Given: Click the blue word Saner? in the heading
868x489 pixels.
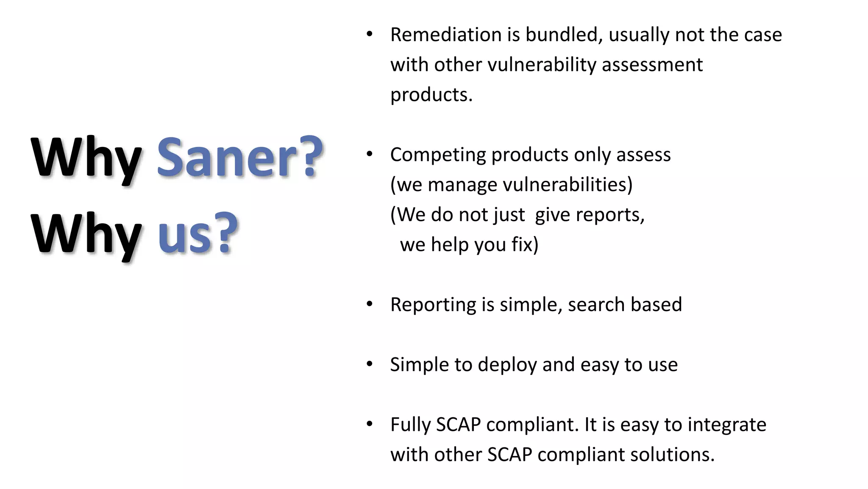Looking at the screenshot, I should pyautogui.click(x=239, y=158).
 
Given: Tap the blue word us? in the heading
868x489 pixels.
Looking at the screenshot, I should pyautogui.click(x=198, y=235).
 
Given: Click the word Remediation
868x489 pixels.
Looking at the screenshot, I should pyautogui.click(x=445, y=35).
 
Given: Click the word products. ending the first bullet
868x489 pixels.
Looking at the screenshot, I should pyautogui.click(x=431, y=95).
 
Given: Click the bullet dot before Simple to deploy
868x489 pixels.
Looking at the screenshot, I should pyautogui.click(x=370, y=364).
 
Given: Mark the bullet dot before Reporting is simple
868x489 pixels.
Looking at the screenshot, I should pyautogui.click(x=370, y=304).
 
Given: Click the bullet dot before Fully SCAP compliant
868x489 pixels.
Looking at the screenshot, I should pyautogui.click(x=370, y=424).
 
